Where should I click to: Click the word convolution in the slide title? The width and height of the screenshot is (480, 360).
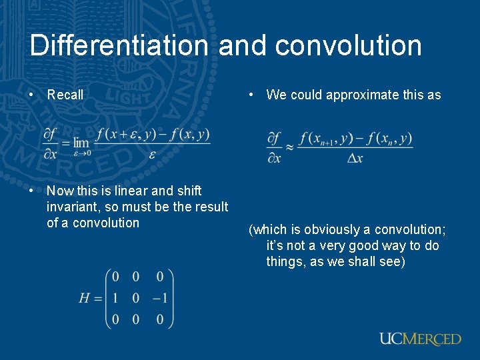347,45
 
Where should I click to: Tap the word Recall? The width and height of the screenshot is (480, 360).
65,95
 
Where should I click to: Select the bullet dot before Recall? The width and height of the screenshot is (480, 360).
32,95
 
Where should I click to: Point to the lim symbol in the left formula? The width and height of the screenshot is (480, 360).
81,143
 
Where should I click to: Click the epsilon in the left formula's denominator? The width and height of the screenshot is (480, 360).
152,155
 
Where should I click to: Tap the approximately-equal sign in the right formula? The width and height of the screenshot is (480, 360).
289,147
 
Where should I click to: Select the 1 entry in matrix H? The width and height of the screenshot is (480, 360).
116,298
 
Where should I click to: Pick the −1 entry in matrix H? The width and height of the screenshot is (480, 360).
158,298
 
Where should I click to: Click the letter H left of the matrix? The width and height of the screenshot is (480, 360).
85,298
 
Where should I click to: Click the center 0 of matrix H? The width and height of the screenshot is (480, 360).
136,298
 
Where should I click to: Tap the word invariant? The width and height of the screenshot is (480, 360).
71,207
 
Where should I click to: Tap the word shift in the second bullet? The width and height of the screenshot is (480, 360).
187,191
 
